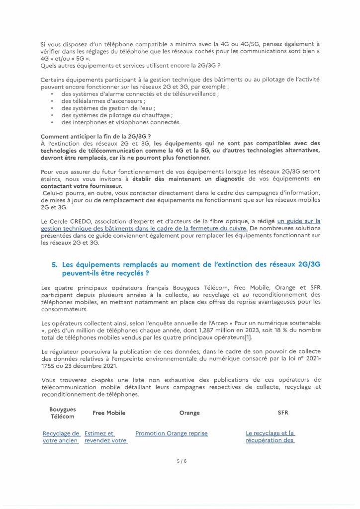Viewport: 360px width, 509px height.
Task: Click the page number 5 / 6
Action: pyautogui.click(x=180, y=461)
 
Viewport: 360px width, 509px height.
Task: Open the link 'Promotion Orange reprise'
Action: pyautogui.click(x=172, y=433)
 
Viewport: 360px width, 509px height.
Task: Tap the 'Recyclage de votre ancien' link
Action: pyautogui.click(x=61, y=437)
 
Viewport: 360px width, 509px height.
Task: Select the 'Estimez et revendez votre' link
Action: pyautogui.click(x=105, y=437)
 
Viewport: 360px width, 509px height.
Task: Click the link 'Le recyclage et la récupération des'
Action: pyautogui.click(x=270, y=437)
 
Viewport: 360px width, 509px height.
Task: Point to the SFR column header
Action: pyautogui.click(x=282, y=413)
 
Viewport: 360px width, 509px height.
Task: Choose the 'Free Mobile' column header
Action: pyautogui.click(x=109, y=413)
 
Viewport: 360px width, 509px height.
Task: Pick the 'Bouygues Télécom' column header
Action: pyautogui.click(x=63, y=413)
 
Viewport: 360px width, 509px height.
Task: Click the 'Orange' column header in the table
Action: pyautogui.click(x=189, y=413)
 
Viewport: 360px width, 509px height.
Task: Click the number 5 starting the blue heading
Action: pyautogui.click(x=54, y=265)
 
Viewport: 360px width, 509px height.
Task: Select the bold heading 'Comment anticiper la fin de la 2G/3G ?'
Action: pyautogui.click(x=96, y=136)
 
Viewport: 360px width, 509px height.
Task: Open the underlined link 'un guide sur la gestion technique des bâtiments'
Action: pyautogui.click(x=298, y=221)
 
